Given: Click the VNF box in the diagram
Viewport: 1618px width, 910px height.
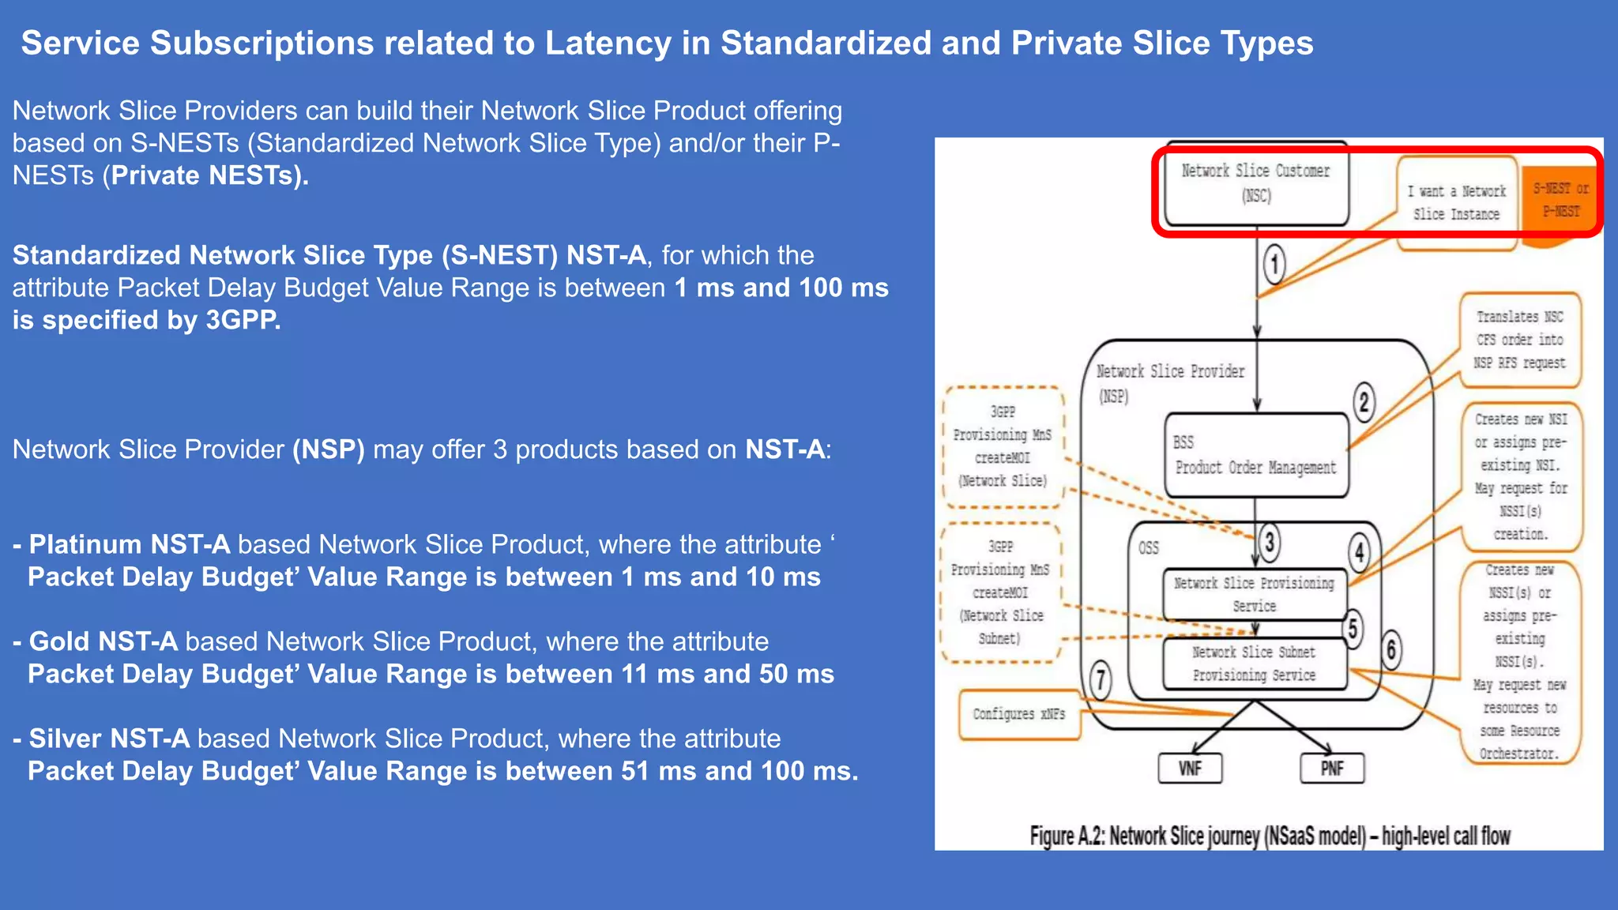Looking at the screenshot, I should [x=1190, y=768].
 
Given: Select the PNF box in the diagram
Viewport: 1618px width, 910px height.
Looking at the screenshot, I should [x=1332, y=768].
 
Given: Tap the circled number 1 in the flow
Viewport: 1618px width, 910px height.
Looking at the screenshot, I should [x=1274, y=264].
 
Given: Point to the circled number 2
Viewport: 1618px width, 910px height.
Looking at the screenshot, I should [x=1364, y=402].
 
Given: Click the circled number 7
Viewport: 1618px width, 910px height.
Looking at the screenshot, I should [x=1101, y=680].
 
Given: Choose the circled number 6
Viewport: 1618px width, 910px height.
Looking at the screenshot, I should [x=1391, y=650].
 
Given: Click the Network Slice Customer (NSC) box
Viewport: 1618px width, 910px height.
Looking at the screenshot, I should [x=1256, y=183].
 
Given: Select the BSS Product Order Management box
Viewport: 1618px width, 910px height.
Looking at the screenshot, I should [x=1256, y=455].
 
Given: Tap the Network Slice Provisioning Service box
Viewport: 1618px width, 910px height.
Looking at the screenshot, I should [x=1255, y=594].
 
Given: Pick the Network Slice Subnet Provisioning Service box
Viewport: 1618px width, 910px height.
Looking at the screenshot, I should [x=1255, y=664].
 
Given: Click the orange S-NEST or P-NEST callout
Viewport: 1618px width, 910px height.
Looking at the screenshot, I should [x=1560, y=201].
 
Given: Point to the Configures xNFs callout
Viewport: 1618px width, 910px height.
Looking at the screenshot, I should [x=1019, y=714].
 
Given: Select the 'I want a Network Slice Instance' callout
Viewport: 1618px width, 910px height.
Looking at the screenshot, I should [x=1457, y=203].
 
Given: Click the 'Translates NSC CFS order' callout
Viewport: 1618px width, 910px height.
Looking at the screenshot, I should [x=1520, y=340].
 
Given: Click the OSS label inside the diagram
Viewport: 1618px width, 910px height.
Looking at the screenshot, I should [x=1149, y=547].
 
